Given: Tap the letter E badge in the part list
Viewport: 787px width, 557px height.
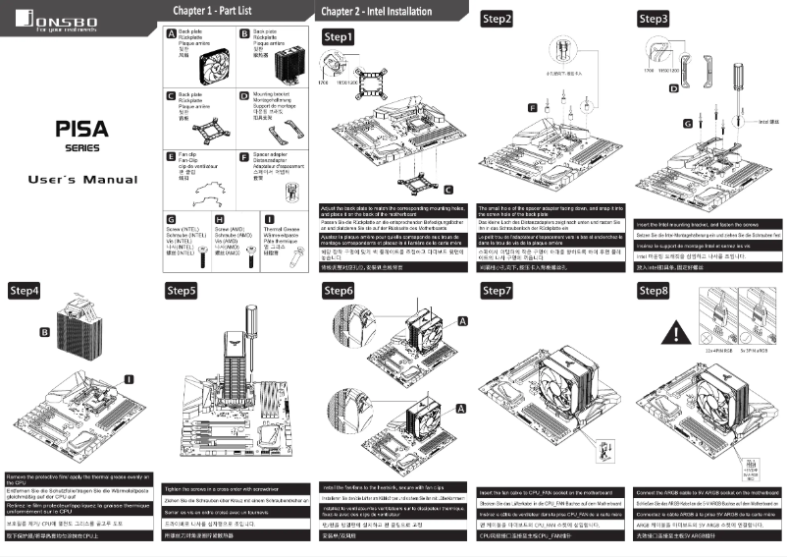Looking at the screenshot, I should (171, 156).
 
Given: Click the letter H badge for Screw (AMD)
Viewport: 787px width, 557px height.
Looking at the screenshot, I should (219, 218).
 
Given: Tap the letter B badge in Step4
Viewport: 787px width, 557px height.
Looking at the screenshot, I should (44, 332).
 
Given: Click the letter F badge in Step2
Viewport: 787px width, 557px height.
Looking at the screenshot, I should (533, 107).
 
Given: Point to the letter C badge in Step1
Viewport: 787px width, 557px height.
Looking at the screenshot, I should (447, 188).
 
